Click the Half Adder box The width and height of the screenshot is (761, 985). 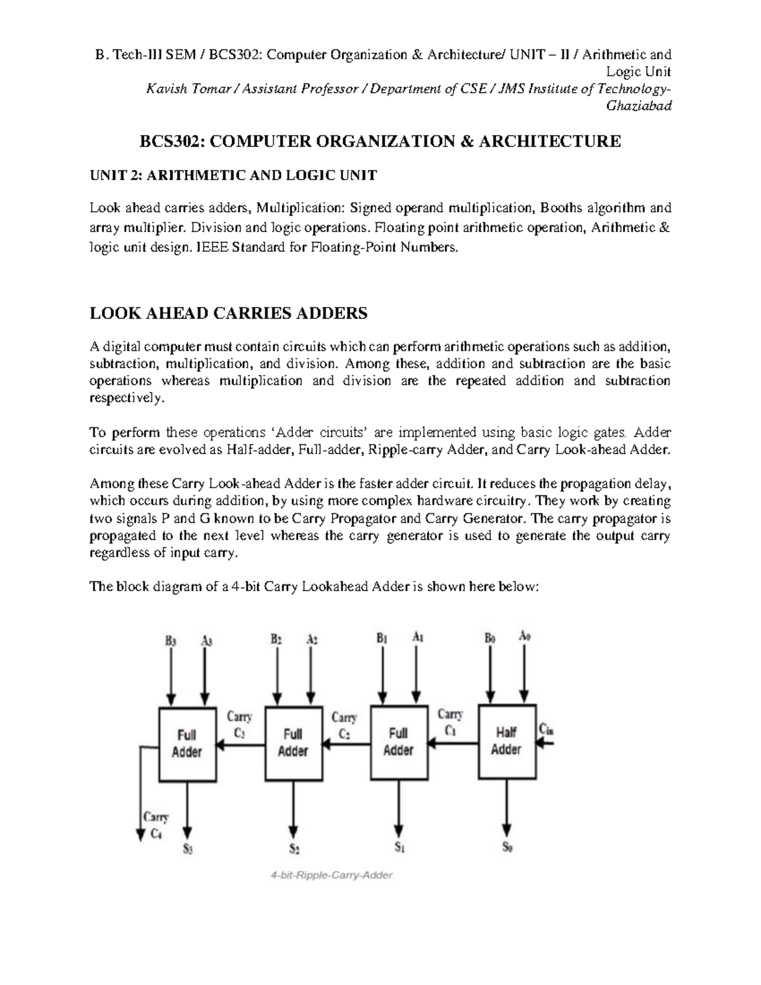pos(506,741)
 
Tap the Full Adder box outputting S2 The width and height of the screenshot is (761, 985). pos(292,743)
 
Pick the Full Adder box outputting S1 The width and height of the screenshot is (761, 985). pos(398,742)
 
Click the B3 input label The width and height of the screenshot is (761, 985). pos(171,641)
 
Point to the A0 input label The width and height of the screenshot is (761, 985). pos(524,636)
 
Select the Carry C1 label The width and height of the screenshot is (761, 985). pos(450,722)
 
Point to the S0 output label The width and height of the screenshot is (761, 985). pos(507,847)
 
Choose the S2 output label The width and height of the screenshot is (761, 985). pos(294,849)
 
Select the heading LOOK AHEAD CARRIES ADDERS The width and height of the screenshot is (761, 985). pos(228,313)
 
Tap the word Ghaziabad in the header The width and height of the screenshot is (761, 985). pos(639,106)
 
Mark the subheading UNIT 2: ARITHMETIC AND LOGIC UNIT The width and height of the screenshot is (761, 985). pos(233,176)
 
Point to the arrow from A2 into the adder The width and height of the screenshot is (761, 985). pos(311,675)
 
